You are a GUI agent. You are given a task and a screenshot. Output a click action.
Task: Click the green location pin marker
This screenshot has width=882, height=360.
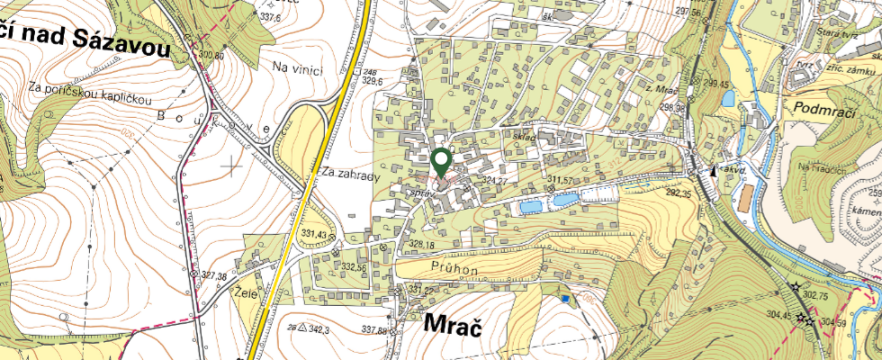click(x=441, y=163)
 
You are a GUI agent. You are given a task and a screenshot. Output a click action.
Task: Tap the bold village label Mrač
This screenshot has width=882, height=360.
click(x=448, y=326)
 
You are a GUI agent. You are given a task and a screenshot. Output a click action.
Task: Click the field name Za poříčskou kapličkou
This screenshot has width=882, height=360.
click(x=89, y=90)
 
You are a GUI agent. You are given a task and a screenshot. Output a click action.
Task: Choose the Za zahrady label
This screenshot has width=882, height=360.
click(x=346, y=177)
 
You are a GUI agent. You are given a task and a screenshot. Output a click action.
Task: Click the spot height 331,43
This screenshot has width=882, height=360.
click(x=311, y=236)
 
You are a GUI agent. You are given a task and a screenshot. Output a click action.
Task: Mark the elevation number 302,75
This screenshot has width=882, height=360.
click(x=815, y=294)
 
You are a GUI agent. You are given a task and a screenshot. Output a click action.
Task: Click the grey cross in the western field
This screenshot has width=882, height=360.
click(x=233, y=166)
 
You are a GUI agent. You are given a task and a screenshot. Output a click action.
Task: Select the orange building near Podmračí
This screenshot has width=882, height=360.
click(x=744, y=200)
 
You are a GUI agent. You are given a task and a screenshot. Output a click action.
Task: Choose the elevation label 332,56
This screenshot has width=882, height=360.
click(x=353, y=267)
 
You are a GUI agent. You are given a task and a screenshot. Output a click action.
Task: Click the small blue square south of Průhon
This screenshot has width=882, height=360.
click(x=564, y=299)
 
